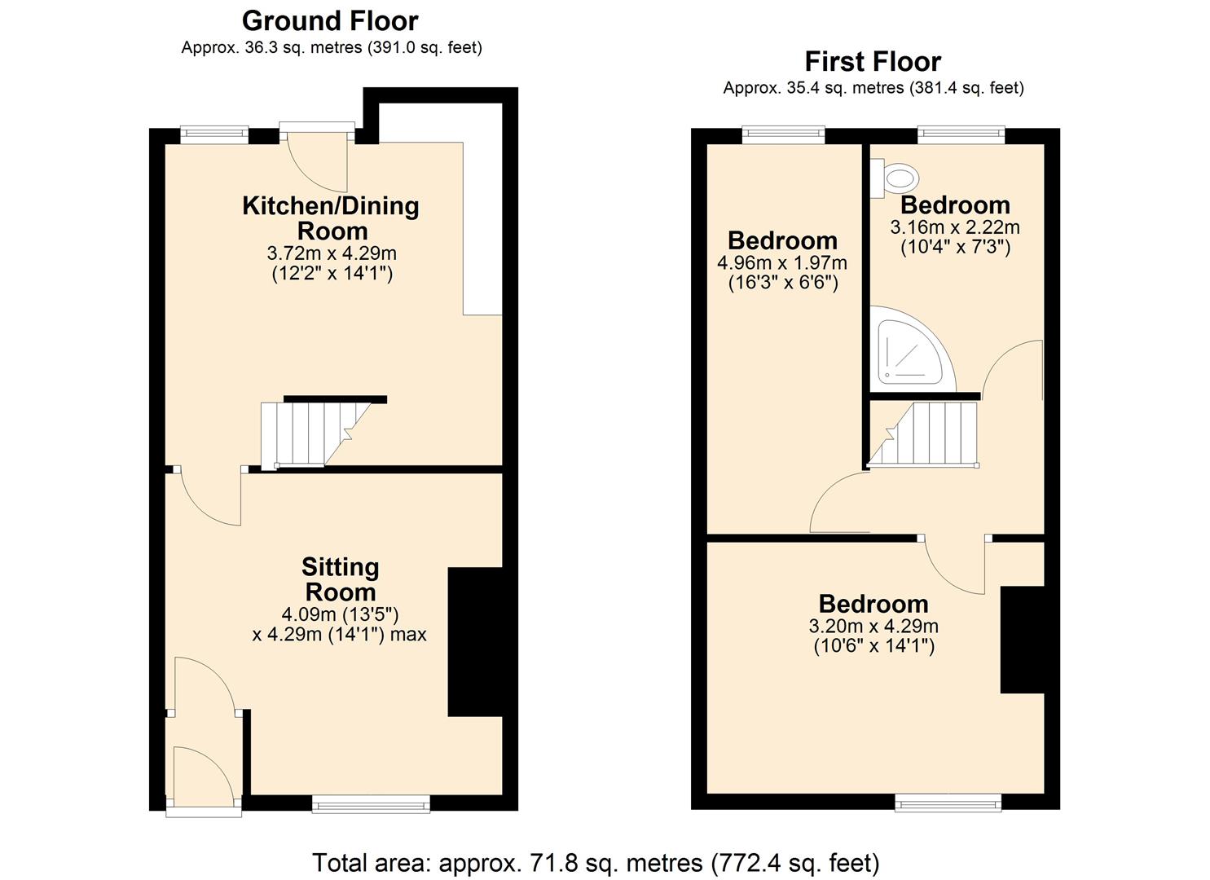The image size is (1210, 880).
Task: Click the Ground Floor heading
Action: coord(330,20)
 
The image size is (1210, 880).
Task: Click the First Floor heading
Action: coord(873,61)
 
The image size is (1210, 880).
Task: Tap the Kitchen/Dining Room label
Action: coord(331,218)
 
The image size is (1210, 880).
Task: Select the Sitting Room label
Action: coord(340,579)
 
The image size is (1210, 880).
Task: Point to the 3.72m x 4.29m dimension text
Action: coord(332,253)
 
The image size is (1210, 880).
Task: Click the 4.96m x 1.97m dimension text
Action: coord(782,263)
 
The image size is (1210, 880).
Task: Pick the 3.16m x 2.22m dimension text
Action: coord(955,227)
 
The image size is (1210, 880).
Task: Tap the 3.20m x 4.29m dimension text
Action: coord(873,627)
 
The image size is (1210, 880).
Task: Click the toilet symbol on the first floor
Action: coord(896,177)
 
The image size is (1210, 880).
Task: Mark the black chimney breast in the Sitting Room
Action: coord(474,642)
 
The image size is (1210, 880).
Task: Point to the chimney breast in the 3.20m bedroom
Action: coord(1022,640)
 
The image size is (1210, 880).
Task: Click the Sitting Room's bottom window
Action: coord(371,805)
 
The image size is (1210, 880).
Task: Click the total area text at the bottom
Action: coord(596,862)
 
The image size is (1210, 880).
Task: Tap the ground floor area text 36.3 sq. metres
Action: coord(331,47)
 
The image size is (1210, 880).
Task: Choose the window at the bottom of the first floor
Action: coord(948,804)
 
